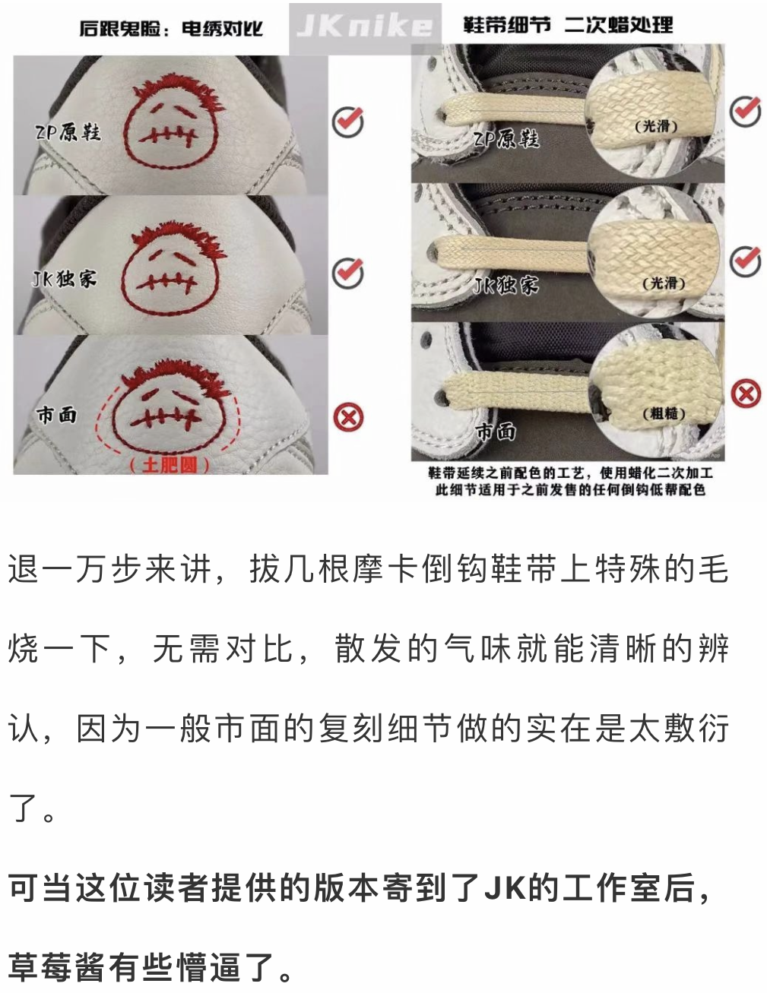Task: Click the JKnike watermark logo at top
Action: click(x=364, y=27)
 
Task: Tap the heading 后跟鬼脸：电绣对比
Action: click(x=171, y=28)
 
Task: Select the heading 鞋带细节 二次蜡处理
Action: click(x=568, y=24)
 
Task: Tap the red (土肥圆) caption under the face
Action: click(x=169, y=465)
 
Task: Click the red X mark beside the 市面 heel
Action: click(x=348, y=417)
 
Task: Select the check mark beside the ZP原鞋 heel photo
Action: click(x=348, y=122)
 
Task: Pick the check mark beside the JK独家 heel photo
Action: click(x=348, y=273)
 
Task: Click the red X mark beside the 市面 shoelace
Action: click(x=746, y=393)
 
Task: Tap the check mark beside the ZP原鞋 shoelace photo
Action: click(x=746, y=111)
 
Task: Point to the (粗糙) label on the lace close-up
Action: click(x=664, y=413)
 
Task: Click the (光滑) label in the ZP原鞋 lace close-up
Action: click(x=656, y=127)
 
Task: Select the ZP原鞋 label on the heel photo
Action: click(x=68, y=132)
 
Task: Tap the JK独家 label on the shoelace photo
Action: click(x=506, y=285)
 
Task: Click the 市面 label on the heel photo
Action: click(x=56, y=415)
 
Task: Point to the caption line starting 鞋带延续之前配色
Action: click(x=570, y=472)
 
